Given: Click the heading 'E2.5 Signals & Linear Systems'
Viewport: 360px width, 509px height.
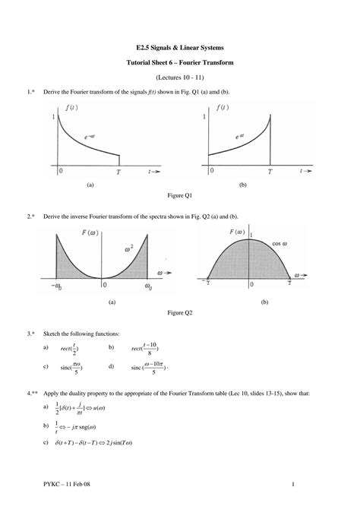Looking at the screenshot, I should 179,48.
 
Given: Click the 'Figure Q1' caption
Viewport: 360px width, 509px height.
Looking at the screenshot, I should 179,194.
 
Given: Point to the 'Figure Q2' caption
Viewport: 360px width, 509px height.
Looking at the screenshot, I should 179,312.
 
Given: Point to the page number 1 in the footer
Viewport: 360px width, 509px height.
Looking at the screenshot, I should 292,485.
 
